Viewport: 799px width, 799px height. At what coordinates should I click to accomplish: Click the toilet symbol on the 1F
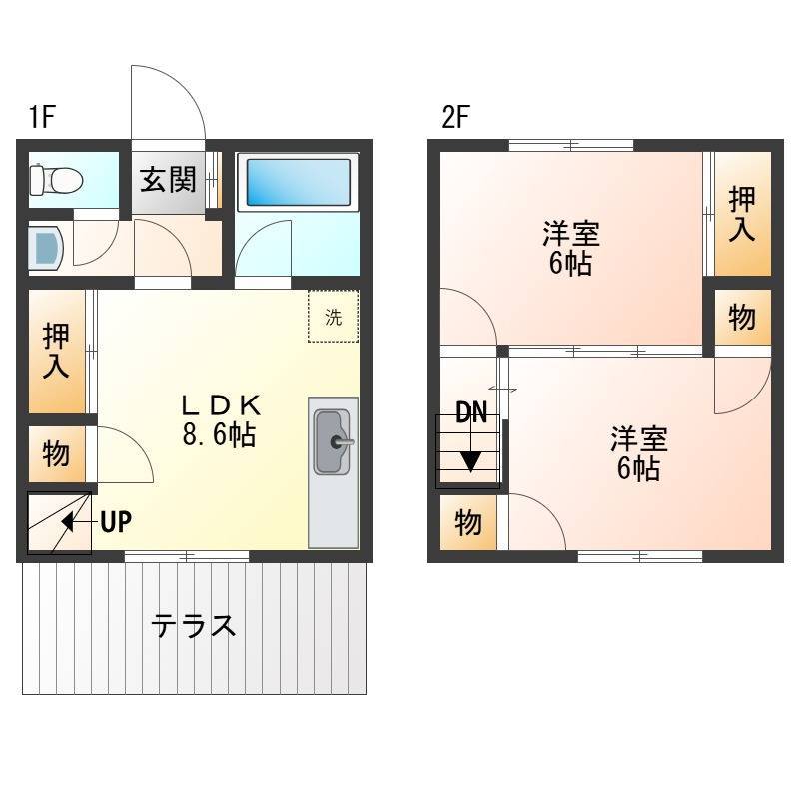pos(56,180)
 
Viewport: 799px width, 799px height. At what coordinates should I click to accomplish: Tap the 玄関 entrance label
pos(168,180)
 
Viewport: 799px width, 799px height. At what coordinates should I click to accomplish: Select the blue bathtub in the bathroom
pos(298,182)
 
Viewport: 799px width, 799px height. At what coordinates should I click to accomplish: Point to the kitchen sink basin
pos(332,441)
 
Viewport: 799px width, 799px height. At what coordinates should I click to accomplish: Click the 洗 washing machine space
pos(334,317)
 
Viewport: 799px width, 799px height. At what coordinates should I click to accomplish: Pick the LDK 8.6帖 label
pos(221,419)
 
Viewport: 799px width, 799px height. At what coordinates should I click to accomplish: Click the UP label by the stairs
pos(116,521)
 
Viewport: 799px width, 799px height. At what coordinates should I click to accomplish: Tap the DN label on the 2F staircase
pos(471,412)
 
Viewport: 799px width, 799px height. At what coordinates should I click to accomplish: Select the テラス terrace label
pos(194,626)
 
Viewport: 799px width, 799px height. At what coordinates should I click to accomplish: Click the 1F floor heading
pos(42,117)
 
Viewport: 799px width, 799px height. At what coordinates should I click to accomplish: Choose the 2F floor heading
pos(455,117)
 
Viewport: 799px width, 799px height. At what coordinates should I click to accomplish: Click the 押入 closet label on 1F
pos(56,352)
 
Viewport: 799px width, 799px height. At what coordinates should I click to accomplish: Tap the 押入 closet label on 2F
pos(742,214)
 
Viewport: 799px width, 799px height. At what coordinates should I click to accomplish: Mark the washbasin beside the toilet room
pos(46,248)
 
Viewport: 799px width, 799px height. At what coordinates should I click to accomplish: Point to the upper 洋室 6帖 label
pos(570,248)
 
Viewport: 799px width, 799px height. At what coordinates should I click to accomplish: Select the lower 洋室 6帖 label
pos(639,453)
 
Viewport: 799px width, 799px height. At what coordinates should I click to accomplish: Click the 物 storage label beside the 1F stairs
pos(56,454)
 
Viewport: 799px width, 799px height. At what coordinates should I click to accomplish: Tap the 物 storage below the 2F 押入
pos(742,318)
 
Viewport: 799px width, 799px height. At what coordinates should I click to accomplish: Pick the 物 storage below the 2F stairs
pos(468,522)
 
